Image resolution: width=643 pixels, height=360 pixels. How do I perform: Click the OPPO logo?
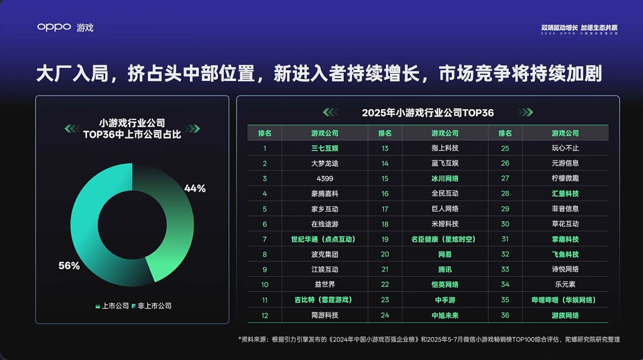click(54, 27)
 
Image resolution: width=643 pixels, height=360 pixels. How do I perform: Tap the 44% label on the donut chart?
click(195, 189)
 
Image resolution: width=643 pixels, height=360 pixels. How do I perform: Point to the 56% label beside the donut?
click(69, 266)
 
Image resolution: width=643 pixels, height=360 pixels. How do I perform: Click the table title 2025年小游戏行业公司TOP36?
click(428, 113)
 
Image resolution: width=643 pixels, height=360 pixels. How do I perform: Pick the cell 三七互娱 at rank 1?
click(325, 148)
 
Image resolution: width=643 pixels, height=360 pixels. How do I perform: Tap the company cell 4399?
click(325, 179)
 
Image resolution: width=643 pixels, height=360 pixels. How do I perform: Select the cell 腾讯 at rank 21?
click(445, 270)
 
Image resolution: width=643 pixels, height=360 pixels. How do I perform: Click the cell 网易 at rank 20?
click(445, 255)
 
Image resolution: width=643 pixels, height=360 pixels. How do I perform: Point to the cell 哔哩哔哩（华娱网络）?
click(565, 300)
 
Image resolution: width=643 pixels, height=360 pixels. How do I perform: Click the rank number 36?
click(505, 315)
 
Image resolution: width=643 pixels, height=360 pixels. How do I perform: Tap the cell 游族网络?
click(565, 315)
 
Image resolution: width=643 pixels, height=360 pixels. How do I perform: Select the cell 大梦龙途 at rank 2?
click(325, 163)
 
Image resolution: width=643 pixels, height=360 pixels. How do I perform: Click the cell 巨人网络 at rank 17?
click(445, 209)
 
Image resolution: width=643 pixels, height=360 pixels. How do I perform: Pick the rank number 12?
click(265, 315)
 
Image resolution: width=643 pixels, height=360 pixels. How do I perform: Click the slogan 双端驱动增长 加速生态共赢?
click(579, 28)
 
